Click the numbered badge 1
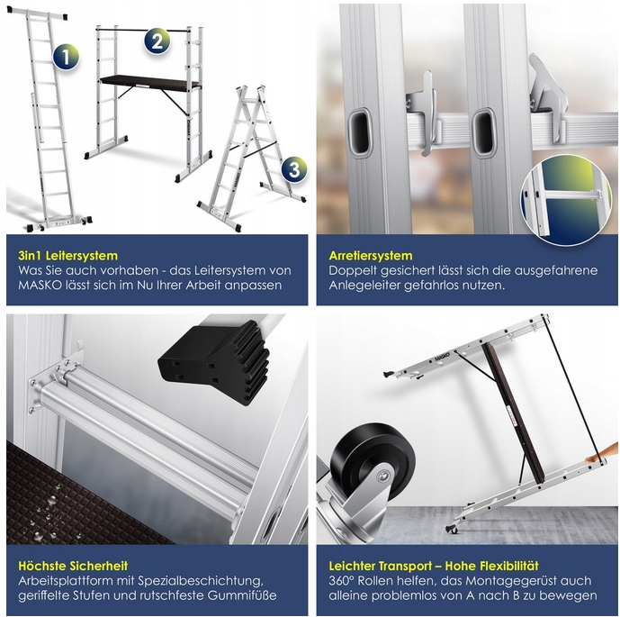coord(67,57)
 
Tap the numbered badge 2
coord(157,41)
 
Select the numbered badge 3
coord(294,169)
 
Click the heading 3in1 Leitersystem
coord(68,256)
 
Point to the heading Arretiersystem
coord(371,256)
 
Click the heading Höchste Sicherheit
coord(73,566)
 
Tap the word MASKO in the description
coord(40,286)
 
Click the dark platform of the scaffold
coord(150,83)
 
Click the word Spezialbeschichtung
coord(201,581)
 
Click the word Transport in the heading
coord(404,566)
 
